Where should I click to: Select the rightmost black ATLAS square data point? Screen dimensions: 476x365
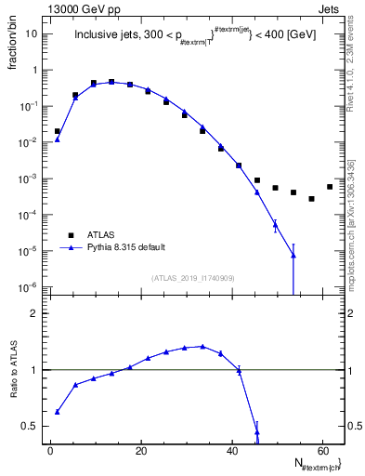[330, 187]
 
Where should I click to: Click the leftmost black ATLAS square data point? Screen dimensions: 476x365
[58, 131]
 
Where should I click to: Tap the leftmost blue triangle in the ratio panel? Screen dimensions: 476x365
[58, 412]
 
